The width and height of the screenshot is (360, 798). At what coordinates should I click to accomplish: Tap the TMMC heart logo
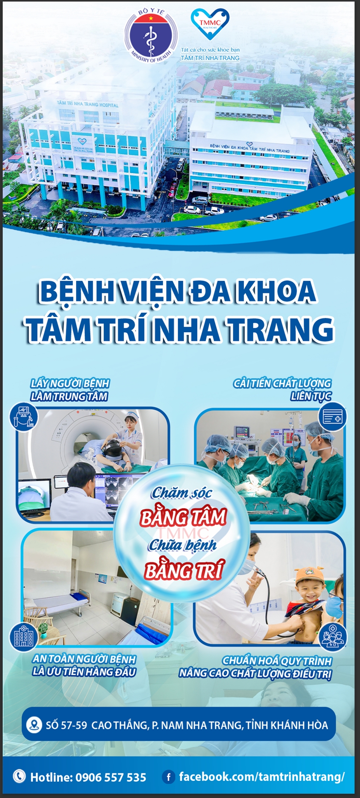coord(210,24)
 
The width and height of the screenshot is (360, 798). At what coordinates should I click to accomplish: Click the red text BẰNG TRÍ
coord(184,571)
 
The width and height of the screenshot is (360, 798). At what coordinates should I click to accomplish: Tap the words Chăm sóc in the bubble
coord(181,493)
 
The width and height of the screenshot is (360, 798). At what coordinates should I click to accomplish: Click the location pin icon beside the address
coord(34,725)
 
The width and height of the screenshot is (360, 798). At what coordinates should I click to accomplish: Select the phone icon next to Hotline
coord(19,776)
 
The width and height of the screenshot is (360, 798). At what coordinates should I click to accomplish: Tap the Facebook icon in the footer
coord(168,777)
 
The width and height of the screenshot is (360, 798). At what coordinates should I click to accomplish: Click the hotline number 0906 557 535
coord(111,777)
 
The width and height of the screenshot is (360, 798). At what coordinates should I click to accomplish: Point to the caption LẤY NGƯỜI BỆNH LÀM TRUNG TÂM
coord(70,390)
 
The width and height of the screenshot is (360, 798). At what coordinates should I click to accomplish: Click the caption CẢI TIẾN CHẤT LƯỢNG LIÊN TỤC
coord(282,390)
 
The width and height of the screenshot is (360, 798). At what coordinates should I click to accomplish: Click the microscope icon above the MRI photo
coord(24,416)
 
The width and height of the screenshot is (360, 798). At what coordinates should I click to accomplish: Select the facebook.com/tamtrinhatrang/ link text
coord(262,777)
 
